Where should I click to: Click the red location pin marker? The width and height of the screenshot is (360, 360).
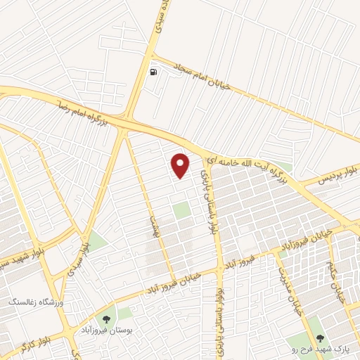tap(181, 165)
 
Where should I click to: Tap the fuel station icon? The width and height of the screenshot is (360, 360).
tap(153, 72)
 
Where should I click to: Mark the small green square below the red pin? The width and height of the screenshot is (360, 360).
tap(182, 210)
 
